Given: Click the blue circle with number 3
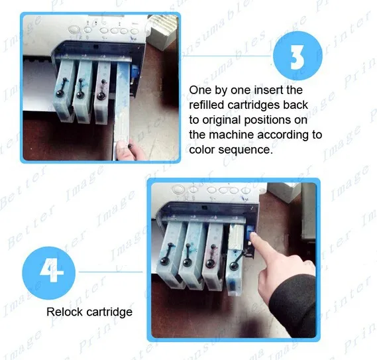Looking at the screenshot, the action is point(297,56).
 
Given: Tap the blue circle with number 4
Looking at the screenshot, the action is point(49,272).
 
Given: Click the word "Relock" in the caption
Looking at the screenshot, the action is point(64,312).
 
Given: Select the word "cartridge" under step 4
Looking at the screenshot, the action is point(109,312).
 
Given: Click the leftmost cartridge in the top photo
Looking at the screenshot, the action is point(63,90).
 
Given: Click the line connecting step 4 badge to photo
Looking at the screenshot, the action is point(111,272).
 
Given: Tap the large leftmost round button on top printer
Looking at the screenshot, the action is point(74,29).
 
